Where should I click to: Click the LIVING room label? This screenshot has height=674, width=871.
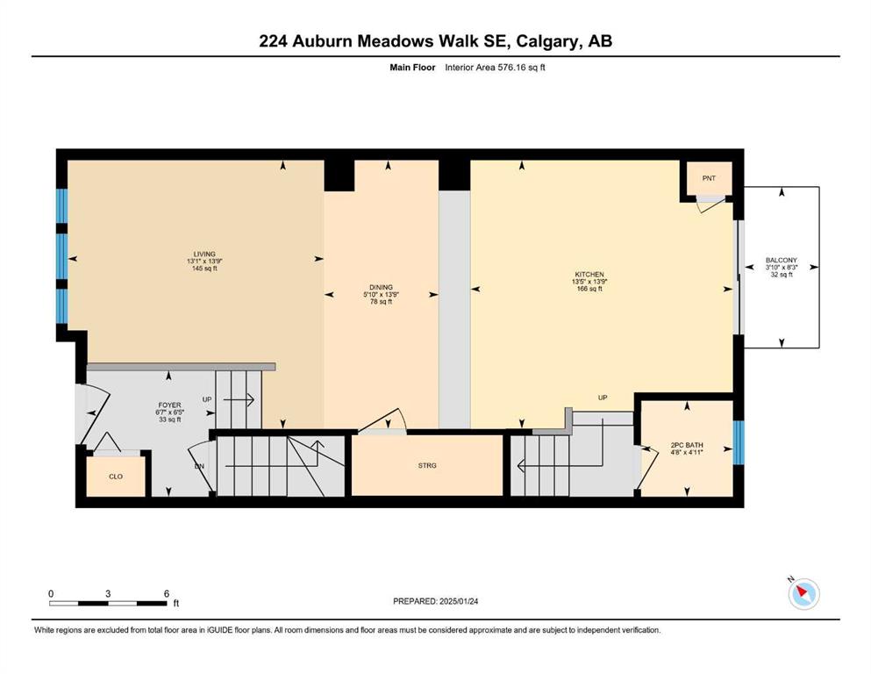coord(204,254)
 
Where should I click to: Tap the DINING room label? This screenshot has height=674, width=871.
coord(381,287)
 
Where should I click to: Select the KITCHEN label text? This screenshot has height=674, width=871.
coord(589,275)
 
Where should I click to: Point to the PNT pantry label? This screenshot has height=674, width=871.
coord(709,178)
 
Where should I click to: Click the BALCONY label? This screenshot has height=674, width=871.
coord(781,260)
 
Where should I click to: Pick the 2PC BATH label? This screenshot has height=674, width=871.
coord(687,445)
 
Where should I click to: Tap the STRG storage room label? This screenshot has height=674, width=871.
coord(427,466)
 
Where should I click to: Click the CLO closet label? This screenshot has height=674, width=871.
coord(116,477)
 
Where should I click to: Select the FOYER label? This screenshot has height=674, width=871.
coord(169,405)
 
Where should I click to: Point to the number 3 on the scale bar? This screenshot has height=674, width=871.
coord(108,593)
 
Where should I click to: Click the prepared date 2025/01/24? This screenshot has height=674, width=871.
coord(459,601)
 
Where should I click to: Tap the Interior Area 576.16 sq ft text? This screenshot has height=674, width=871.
coord(495,68)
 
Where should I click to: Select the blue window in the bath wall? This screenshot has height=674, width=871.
coord(739,442)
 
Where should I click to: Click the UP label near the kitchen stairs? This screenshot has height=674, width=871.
coord(603,398)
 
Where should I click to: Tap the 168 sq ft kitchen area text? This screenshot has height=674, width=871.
coord(589,289)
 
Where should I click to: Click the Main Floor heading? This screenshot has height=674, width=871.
coord(413,68)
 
